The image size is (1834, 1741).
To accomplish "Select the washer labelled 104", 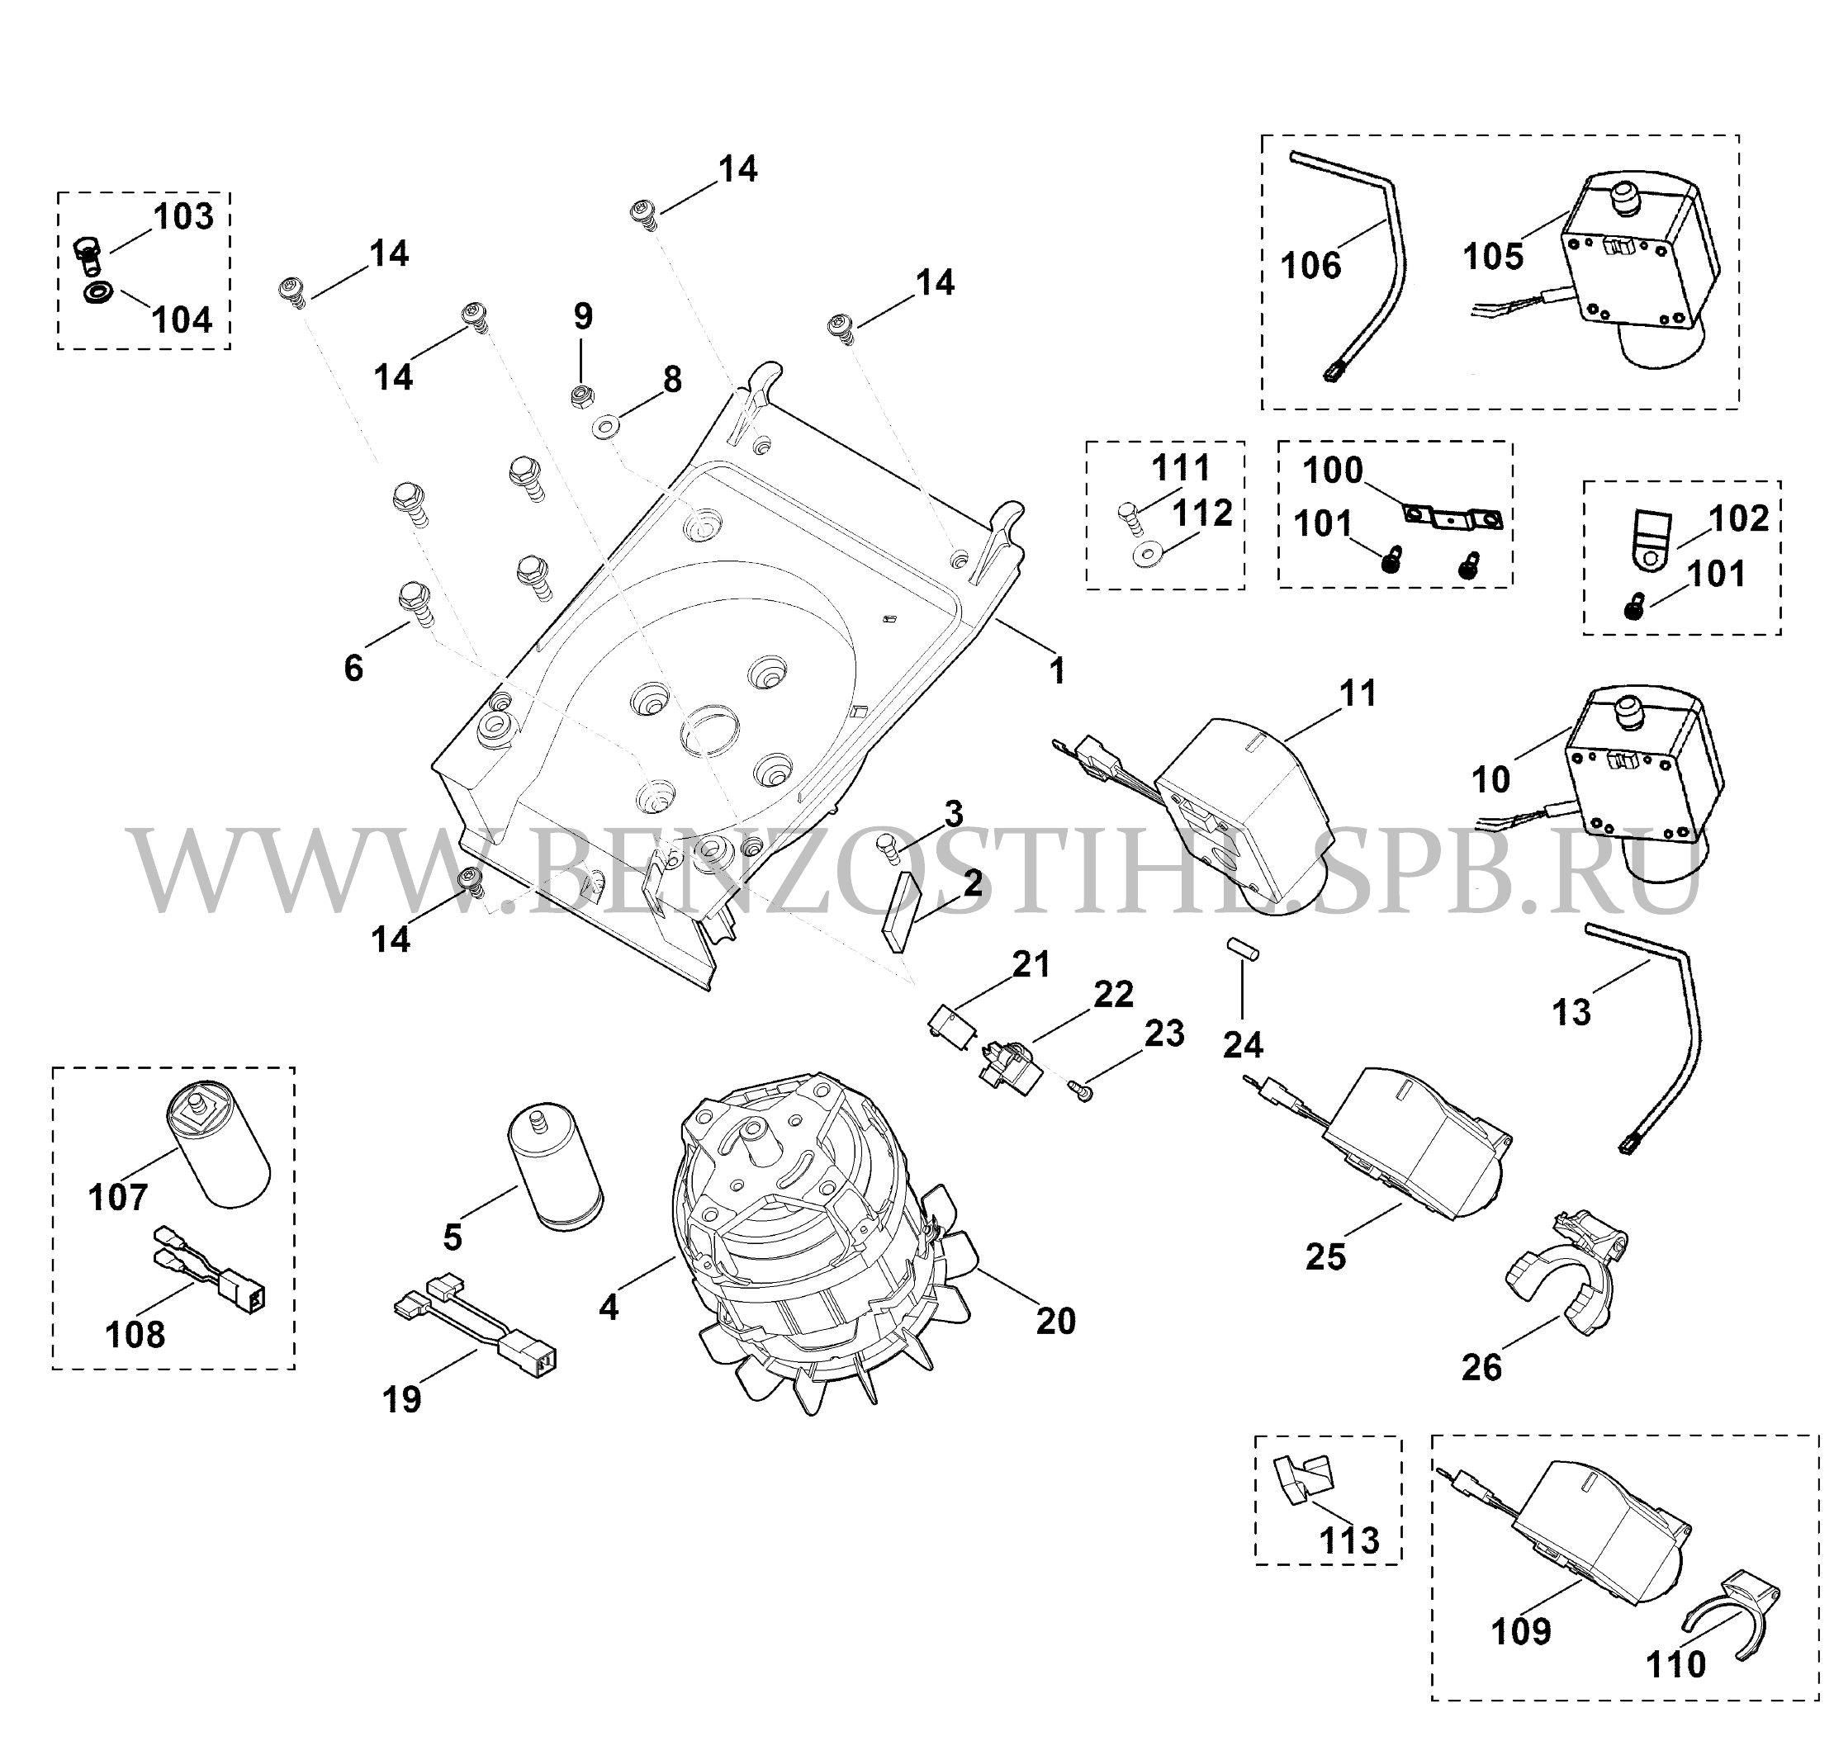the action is click(96, 293).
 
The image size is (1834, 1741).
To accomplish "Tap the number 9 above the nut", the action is click(582, 316).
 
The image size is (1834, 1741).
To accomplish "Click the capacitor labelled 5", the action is click(553, 1167).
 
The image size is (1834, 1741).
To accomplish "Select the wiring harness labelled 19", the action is click(474, 1325).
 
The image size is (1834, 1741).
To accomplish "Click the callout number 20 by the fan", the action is click(1055, 1321).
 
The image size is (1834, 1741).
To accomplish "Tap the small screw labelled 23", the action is click(1081, 1090).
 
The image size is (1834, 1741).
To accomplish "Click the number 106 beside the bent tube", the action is click(1310, 267).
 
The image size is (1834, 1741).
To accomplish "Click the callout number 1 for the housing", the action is click(1057, 671).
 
